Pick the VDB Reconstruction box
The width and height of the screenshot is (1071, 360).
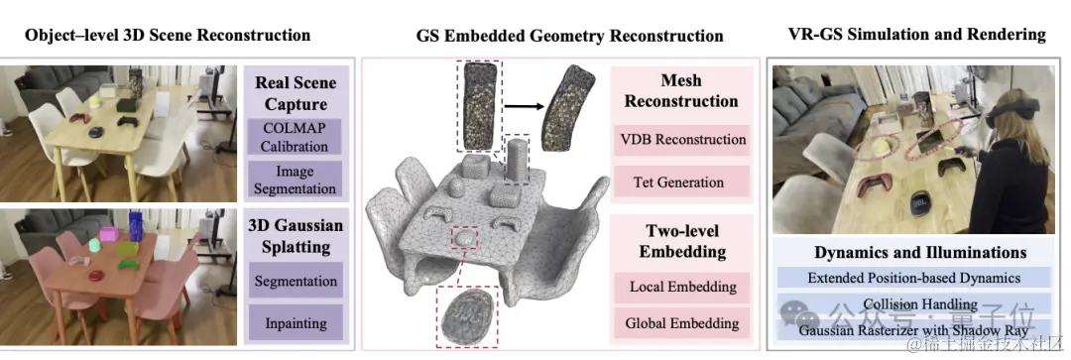(x=680, y=139)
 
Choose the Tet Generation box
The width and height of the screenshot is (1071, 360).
(x=680, y=181)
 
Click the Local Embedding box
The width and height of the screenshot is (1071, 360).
(x=682, y=288)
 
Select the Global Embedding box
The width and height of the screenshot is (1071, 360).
(x=682, y=323)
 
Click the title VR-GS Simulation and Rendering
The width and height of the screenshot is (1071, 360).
(x=916, y=35)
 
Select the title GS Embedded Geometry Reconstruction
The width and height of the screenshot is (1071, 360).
(x=569, y=36)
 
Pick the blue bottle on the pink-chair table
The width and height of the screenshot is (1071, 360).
(x=135, y=226)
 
